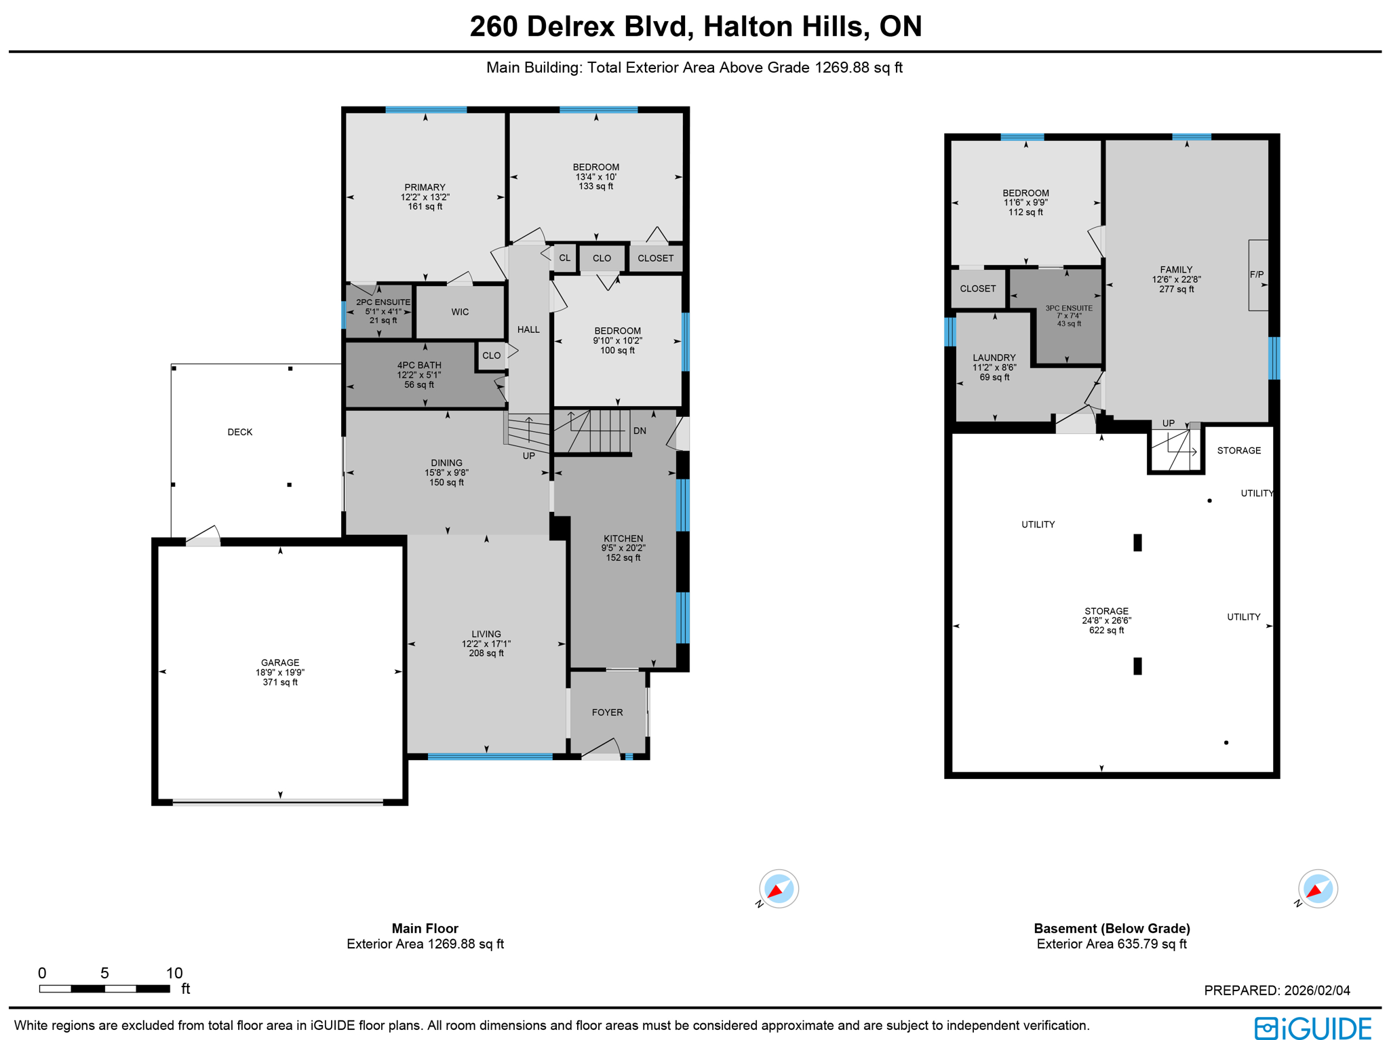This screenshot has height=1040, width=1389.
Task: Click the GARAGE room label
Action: [x=280, y=663]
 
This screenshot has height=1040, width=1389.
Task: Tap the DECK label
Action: [x=239, y=432]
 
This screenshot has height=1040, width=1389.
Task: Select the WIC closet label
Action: [x=460, y=312]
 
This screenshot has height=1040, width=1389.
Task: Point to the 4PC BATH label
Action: [x=419, y=365]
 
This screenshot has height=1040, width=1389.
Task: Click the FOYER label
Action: [x=607, y=713]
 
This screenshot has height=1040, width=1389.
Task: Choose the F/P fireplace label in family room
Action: [x=1257, y=275]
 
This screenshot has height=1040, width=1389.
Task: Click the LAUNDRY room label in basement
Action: [x=994, y=358]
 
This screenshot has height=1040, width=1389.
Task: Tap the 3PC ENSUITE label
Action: [x=1069, y=308]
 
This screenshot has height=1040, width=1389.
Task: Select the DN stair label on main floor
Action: [x=640, y=431]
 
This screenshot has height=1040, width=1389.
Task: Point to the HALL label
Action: [x=528, y=329]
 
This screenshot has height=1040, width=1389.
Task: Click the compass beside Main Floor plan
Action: [x=779, y=888]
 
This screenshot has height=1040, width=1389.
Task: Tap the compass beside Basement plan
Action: [x=1317, y=888]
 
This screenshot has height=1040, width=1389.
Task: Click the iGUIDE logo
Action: [x=1313, y=1027]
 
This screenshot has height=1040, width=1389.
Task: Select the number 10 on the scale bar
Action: [x=174, y=973]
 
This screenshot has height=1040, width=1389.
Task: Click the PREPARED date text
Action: [x=1276, y=991]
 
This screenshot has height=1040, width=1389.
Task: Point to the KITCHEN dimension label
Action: [x=623, y=548]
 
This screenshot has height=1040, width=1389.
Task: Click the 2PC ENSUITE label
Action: [x=383, y=302]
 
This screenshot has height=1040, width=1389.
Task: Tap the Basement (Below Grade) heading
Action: [x=1112, y=928]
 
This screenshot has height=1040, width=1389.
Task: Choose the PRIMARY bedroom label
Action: [x=425, y=188]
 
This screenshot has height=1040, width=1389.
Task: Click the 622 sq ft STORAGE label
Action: [x=1106, y=620]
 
